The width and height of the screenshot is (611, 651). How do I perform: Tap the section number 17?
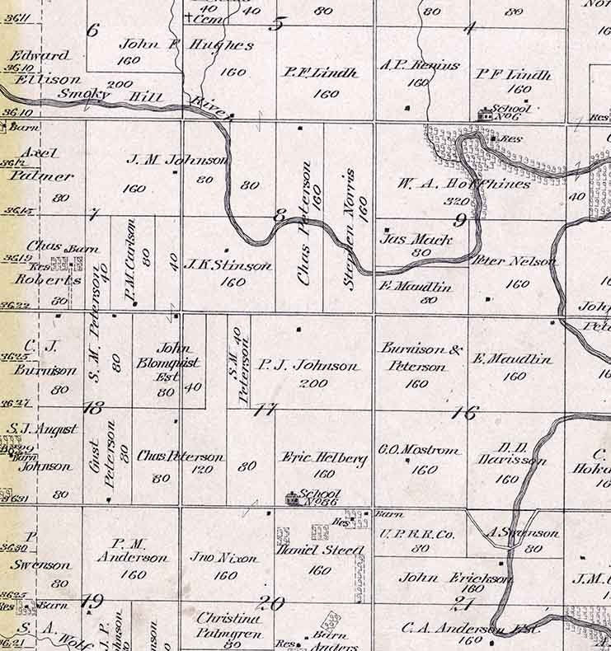click(x=266, y=410)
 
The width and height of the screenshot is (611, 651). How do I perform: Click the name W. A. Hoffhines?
click(x=466, y=184)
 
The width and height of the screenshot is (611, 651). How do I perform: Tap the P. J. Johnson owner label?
click(x=308, y=366)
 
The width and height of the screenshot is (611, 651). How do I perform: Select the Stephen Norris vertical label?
click(x=351, y=229)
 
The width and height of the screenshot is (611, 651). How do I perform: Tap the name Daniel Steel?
click(x=320, y=550)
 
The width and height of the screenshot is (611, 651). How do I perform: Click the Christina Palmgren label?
click(x=228, y=625)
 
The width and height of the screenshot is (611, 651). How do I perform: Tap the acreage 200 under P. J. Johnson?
click(x=314, y=383)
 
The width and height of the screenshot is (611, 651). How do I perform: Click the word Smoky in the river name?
click(x=78, y=94)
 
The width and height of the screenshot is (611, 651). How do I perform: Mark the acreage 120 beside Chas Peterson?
click(x=204, y=473)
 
